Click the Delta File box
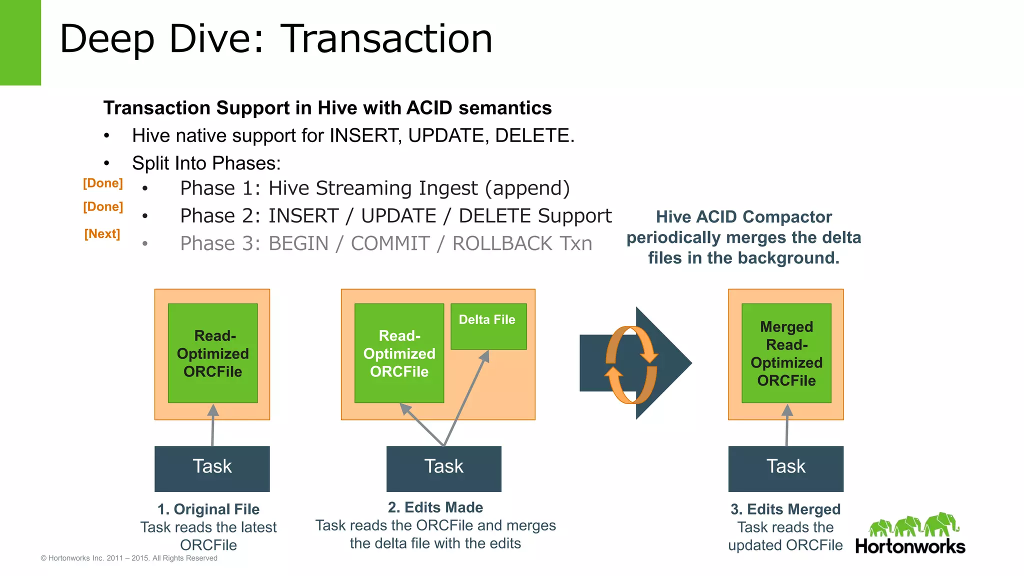(x=488, y=326)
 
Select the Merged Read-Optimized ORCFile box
(x=786, y=353)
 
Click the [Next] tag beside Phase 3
(x=102, y=234)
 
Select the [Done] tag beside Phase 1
(x=102, y=183)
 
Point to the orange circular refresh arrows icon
(x=631, y=364)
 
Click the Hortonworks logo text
(x=910, y=546)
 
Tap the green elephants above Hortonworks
(x=914, y=525)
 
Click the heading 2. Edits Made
(x=435, y=507)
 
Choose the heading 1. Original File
(x=208, y=509)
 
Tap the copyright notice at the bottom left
(x=129, y=558)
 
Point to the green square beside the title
(x=20, y=42)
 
